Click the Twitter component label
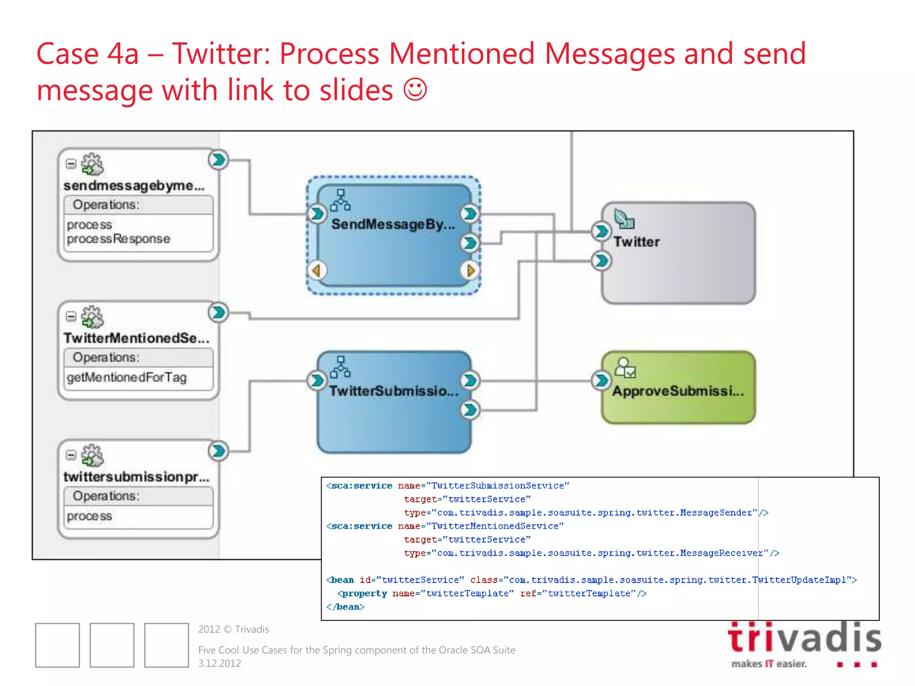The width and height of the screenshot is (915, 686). (636, 242)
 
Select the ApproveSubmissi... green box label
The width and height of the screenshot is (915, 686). (678, 391)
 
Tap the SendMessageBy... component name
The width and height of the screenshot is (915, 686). (393, 224)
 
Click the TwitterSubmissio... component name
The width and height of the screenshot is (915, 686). (394, 391)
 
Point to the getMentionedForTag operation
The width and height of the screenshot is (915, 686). (126, 377)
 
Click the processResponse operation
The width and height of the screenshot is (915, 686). (118, 239)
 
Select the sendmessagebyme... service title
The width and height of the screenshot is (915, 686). (134, 185)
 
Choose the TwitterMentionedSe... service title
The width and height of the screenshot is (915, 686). (136, 338)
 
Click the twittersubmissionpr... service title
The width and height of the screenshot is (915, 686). (136, 477)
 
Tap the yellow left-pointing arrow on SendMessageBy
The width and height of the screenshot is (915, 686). (317, 270)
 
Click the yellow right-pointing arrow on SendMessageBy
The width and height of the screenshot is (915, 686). (470, 270)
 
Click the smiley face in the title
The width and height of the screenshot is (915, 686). (415, 89)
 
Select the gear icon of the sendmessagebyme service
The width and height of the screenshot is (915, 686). (92, 164)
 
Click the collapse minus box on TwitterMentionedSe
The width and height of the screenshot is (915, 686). (71, 317)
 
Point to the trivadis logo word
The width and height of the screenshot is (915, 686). (804, 638)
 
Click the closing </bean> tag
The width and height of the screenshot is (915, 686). (345, 607)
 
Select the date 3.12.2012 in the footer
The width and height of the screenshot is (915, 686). (219, 663)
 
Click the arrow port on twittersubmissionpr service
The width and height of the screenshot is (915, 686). (218, 451)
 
